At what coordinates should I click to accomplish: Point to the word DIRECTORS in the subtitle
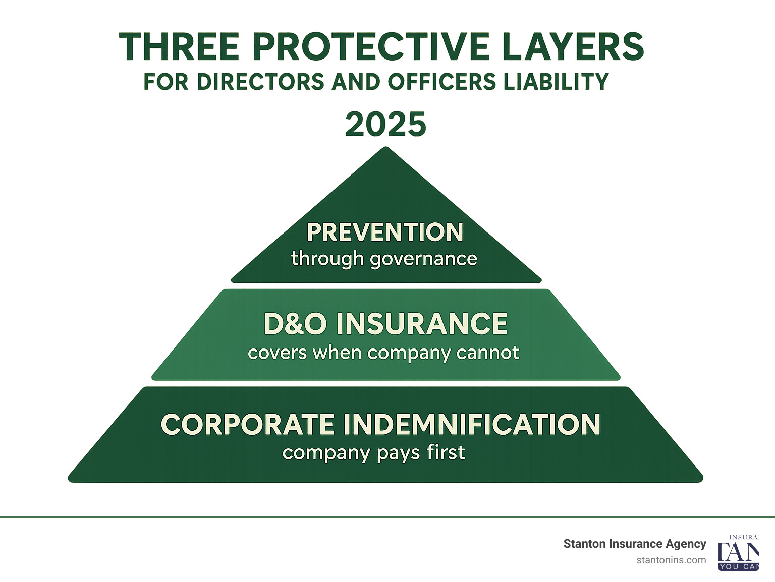click(260, 82)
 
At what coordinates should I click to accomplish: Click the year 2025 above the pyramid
click(386, 125)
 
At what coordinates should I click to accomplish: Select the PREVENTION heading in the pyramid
click(385, 232)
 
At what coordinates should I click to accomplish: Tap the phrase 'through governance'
click(384, 259)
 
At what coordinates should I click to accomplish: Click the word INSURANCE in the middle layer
click(422, 324)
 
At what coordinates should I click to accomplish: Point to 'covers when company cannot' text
click(383, 352)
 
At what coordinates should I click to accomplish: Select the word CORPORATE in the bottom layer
click(247, 424)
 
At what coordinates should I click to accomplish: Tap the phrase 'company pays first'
click(373, 452)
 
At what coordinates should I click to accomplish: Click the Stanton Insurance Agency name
click(635, 544)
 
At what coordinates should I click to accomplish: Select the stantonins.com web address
click(671, 560)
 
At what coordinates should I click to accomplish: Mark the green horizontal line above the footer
click(387, 517)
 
